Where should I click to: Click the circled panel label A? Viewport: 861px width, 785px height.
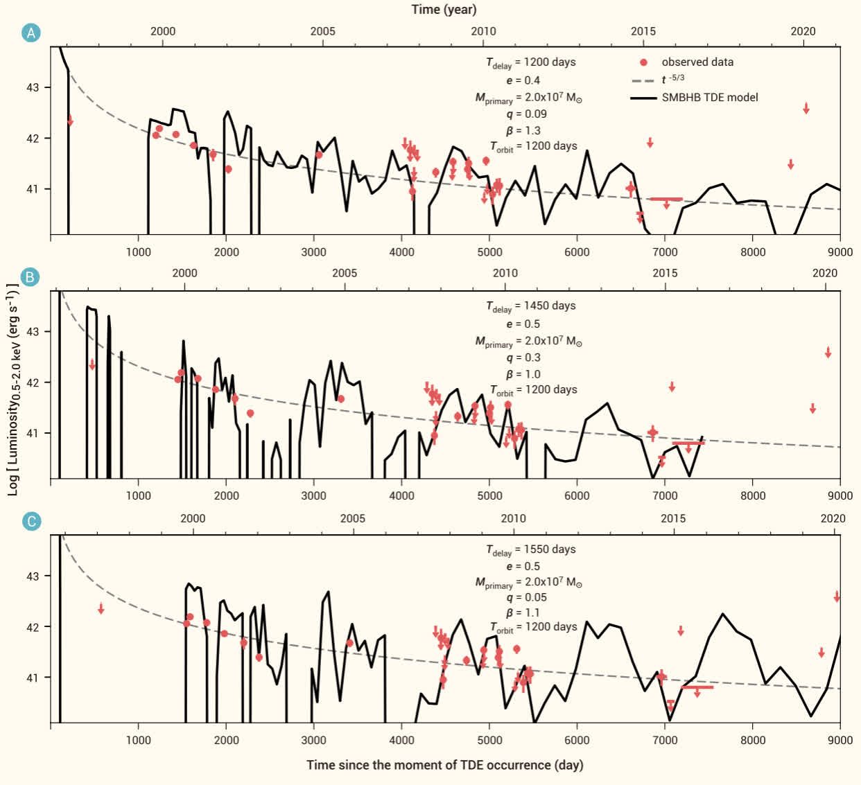31,33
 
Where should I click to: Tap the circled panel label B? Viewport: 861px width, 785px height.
31,277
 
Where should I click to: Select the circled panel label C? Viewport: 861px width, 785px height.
31,522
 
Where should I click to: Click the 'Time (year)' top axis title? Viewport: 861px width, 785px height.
444,9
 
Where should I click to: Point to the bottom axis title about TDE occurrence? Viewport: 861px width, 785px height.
444,765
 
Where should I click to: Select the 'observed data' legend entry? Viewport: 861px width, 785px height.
697,62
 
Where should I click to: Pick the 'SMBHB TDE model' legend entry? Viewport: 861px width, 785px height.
709,97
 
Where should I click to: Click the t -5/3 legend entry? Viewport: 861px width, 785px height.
672,79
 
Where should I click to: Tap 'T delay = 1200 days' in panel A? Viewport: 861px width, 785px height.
530,62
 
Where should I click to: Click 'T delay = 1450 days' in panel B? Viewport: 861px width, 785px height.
530,306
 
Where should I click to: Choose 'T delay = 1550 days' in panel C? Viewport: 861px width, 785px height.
530,550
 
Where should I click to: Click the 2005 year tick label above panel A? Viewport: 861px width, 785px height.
322,31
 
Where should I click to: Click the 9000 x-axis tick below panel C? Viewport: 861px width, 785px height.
840,740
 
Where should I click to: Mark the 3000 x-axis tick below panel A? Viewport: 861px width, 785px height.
313,252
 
